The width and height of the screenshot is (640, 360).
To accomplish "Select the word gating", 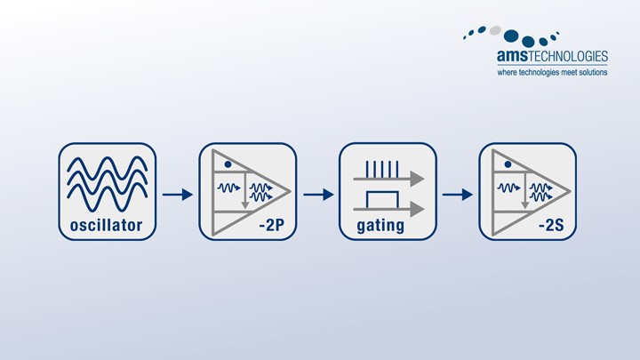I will coord(380,227).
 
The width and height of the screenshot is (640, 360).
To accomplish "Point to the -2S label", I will coord(551,227).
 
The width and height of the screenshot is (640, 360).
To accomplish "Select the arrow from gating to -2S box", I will coord(457,194).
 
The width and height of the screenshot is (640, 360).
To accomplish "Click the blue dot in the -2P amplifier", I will coord(228,165).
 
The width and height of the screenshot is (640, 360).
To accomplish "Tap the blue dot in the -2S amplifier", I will coord(508,165).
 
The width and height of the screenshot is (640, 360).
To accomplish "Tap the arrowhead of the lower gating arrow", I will coord(419,207).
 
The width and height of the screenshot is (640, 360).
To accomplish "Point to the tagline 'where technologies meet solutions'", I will coord(551,72).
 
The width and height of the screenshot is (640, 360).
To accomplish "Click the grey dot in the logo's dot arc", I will coord(495,29).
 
